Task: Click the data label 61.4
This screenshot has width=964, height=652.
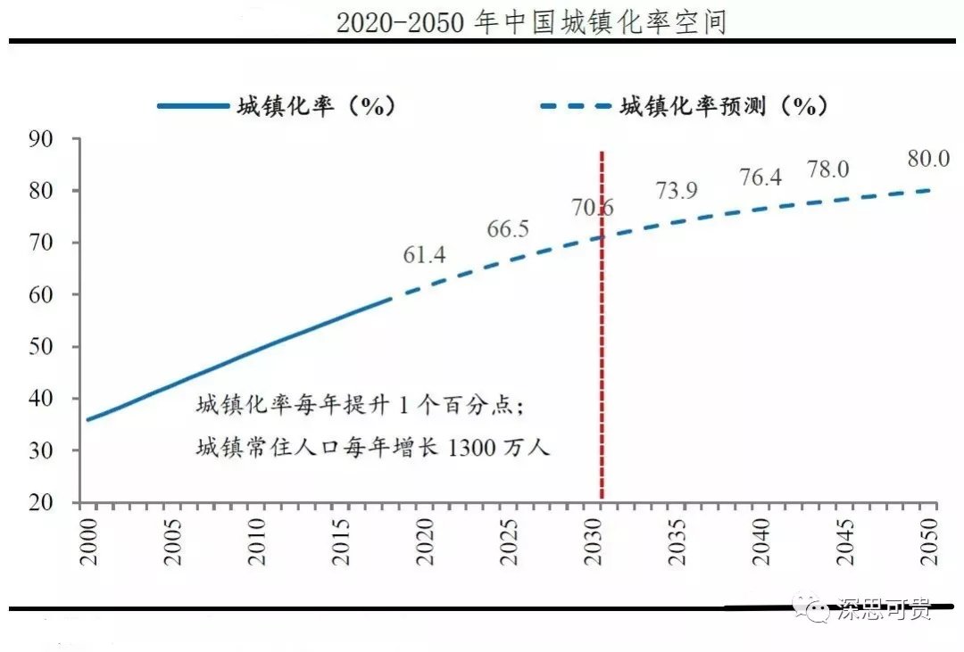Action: tap(424, 256)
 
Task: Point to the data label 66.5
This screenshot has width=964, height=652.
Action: tap(508, 229)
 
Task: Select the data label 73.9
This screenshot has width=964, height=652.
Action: tap(677, 191)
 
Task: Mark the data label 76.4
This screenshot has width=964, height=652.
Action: tap(760, 177)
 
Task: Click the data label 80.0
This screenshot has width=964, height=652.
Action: tap(928, 159)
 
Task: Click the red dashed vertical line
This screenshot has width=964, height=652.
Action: tap(602, 357)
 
